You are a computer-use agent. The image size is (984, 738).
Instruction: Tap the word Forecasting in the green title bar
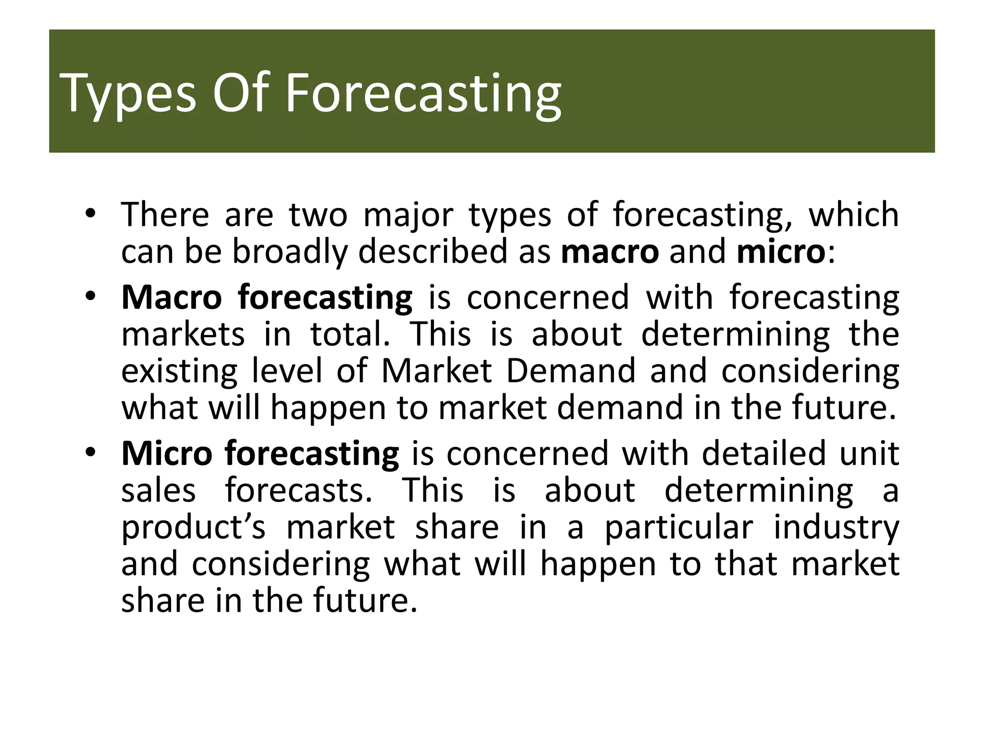[x=423, y=94]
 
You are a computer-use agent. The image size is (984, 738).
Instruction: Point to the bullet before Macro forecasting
[x=90, y=296]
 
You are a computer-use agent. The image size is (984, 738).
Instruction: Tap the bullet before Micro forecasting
[x=90, y=453]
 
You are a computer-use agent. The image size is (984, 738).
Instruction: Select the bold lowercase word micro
[x=780, y=252]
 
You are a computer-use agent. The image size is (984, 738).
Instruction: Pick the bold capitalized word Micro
[x=167, y=453]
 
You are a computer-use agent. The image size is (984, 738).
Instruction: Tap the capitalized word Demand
[x=571, y=371]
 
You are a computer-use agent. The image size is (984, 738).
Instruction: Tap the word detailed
[x=763, y=453]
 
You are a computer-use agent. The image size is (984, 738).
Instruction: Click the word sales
[x=159, y=491]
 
